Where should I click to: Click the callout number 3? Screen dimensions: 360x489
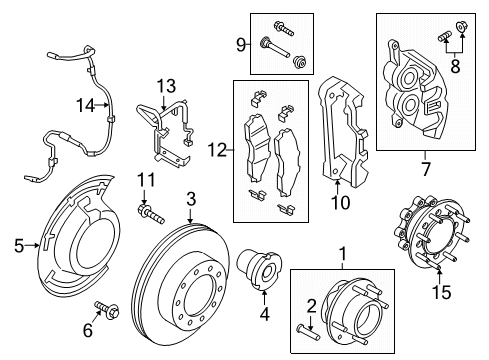tap(190, 198)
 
